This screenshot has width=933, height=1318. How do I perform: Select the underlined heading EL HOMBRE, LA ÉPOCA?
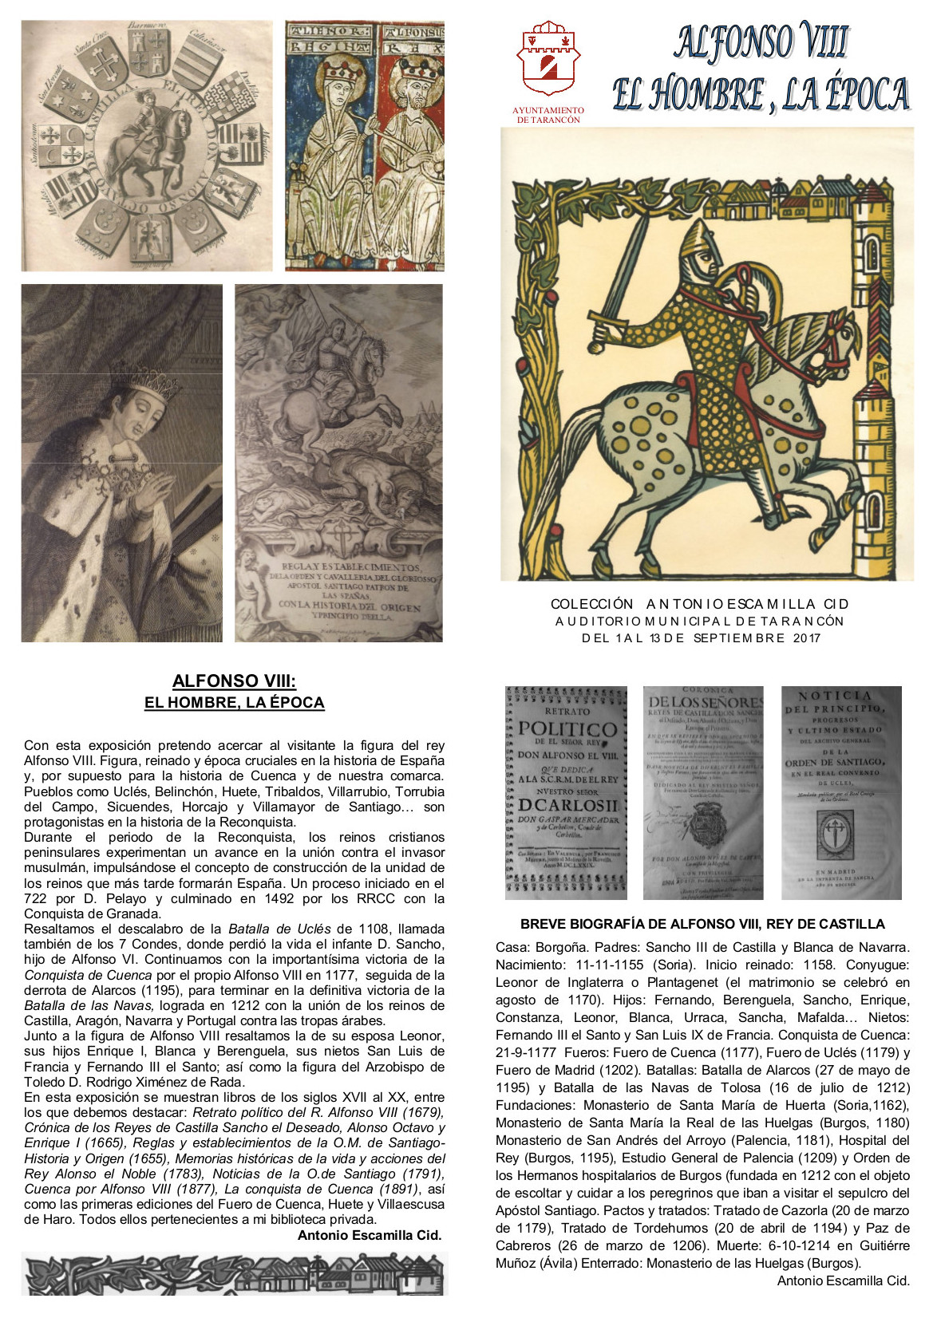click(x=234, y=703)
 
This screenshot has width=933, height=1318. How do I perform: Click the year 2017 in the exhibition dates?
click(x=807, y=638)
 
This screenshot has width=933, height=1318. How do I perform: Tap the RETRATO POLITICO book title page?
click(x=567, y=792)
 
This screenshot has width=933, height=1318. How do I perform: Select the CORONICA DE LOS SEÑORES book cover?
click(x=703, y=792)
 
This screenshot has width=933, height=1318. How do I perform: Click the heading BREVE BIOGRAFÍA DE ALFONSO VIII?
click(x=702, y=924)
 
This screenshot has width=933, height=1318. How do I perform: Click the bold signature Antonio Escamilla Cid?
click(x=370, y=1235)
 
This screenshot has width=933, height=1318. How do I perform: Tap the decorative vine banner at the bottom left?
click(x=233, y=1274)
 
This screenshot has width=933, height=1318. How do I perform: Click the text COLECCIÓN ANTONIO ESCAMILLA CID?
click(x=700, y=604)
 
